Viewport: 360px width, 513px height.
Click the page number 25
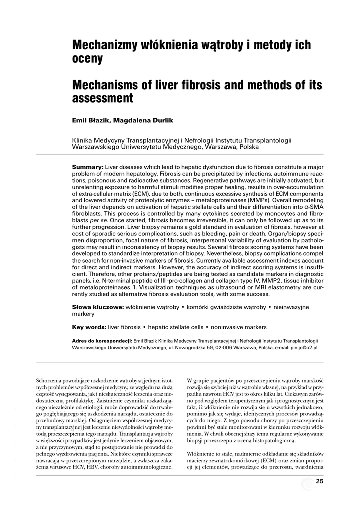tap(320, 482)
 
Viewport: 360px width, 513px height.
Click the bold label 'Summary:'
tap(88, 166)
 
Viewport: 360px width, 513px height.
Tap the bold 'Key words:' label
tap(89, 327)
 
